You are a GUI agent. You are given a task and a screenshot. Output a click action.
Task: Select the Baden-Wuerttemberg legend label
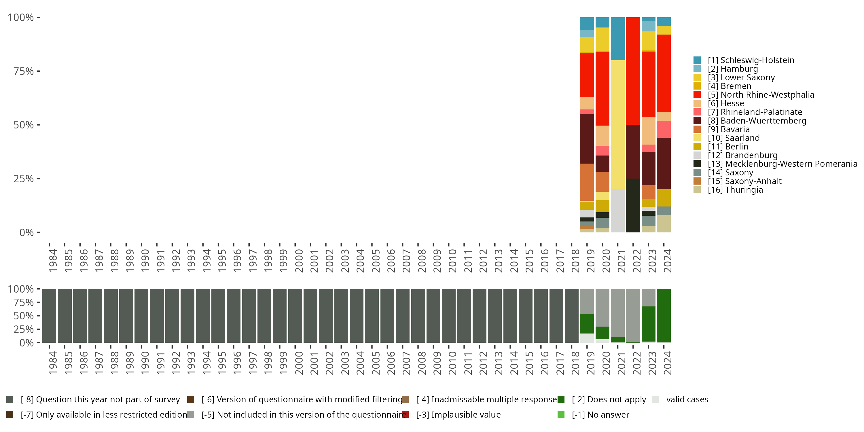pyautogui.click(x=757, y=121)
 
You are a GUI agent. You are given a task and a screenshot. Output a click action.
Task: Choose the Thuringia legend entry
pyautogui.click(x=735, y=190)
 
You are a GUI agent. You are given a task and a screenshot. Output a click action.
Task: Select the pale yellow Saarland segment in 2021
pyautogui.click(x=617, y=124)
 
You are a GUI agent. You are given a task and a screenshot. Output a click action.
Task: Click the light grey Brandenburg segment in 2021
pyautogui.click(x=617, y=211)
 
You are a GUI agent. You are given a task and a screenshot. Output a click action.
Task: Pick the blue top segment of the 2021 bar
pyautogui.click(x=617, y=39)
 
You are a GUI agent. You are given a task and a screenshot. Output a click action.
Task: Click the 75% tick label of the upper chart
pyautogui.click(x=24, y=71)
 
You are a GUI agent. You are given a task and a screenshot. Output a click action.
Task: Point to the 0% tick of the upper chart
pyautogui.click(x=26, y=232)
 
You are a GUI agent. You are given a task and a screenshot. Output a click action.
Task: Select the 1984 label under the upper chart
pyautogui.click(x=53, y=261)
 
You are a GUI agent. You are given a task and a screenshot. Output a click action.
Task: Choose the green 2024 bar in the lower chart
pyautogui.click(x=664, y=316)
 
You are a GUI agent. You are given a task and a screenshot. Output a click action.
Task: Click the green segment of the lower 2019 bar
pyautogui.click(x=587, y=324)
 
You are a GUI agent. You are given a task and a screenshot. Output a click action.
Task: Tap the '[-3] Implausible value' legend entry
pyautogui.click(x=458, y=415)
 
